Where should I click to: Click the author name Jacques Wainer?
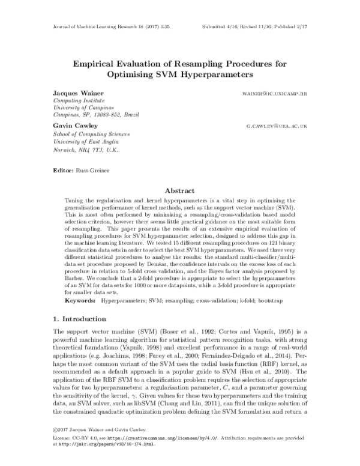[x=73, y=95]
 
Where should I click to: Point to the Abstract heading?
[x=180, y=188]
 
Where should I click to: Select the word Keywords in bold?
[x=81, y=298]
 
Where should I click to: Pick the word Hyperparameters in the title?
[x=218, y=74]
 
